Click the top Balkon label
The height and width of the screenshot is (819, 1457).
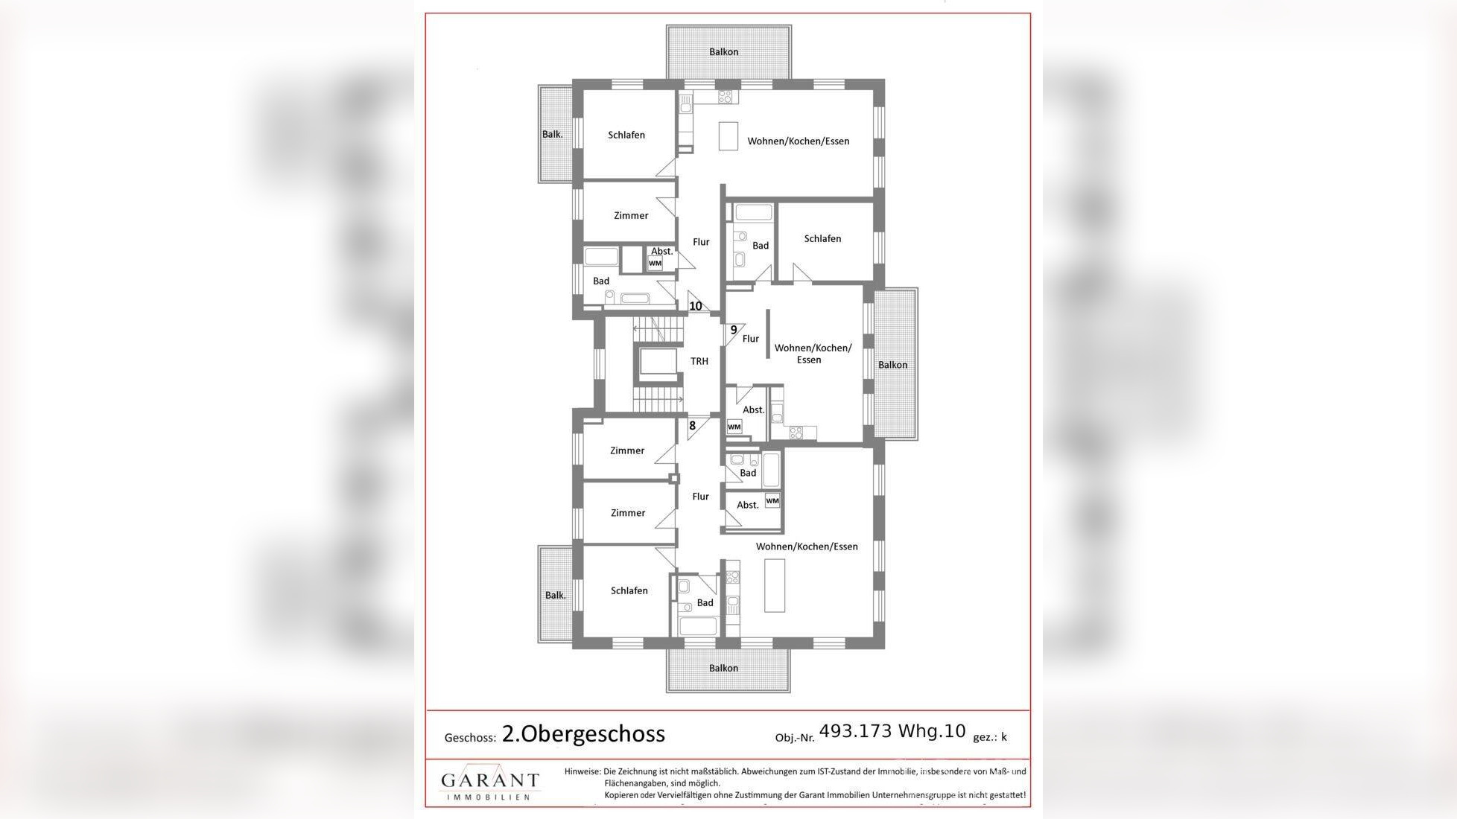point(723,52)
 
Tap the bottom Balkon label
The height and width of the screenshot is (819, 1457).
point(723,669)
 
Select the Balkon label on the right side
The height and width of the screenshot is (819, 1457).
point(892,365)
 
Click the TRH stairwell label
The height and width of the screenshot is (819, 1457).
point(699,361)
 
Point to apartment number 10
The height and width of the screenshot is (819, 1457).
point(696,306)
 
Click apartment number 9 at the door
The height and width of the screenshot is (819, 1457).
point(734,330)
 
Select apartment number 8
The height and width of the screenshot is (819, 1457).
point(692,426)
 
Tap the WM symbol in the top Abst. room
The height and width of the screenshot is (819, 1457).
point(655,264)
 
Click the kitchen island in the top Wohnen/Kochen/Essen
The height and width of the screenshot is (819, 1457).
point(728,136)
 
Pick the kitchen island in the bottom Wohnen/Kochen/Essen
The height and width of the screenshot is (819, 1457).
point(775,585)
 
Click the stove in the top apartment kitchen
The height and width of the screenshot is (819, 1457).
point(726,96)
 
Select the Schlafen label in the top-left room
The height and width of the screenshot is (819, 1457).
point(626,135)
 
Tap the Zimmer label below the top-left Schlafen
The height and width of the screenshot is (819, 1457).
point(631,215)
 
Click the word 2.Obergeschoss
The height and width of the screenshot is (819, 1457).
point(583,734)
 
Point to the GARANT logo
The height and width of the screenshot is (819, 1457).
point(489,782)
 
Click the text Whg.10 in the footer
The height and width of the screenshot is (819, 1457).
point(932,731)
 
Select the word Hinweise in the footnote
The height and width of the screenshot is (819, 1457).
point(583,772)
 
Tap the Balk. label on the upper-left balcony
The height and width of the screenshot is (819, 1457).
point(553,135)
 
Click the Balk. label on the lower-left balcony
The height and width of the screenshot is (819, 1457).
point(556,596)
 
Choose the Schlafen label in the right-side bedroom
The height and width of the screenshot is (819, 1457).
point(822,239)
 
